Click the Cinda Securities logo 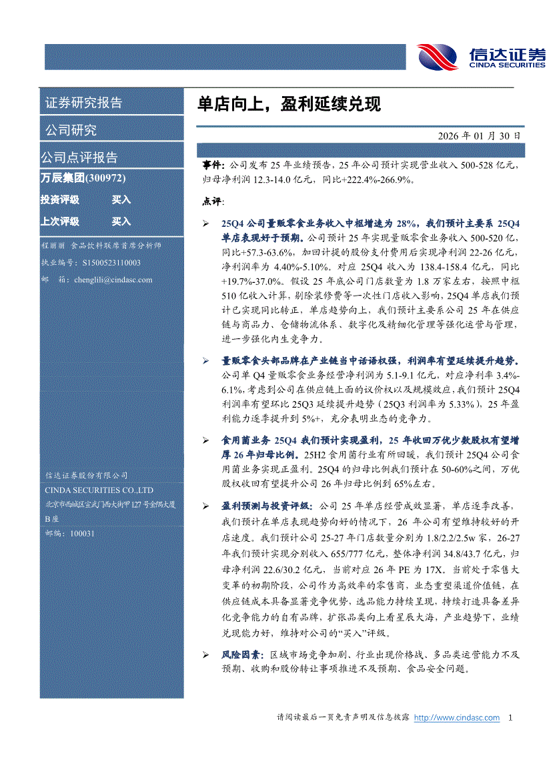pos(480,56)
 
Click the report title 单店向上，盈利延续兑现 pos(289,104)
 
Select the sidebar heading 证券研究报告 pos(83,103)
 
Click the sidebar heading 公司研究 pos(71,129)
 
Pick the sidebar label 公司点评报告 pos(79,157)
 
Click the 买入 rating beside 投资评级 pos(121,200)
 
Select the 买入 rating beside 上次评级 pos(121,222)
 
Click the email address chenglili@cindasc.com pos(113,280)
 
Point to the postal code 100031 pos(83,534)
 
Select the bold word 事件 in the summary pos(213,164)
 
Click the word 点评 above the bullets pos(213,201)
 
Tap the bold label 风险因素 pos(241,656)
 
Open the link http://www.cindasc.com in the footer pos(457,718)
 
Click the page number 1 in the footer pos(510,718)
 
